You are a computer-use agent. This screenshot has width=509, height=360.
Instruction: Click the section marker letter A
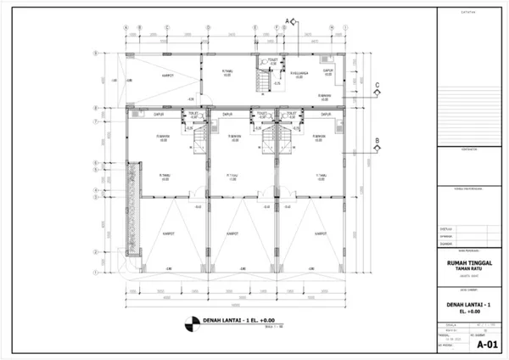click(287, 19)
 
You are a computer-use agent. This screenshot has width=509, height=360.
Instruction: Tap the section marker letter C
click(377, 82)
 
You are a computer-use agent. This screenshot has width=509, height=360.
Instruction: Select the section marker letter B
click(377, 141)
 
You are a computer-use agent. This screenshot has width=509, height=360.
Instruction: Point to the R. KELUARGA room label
click(299, 73)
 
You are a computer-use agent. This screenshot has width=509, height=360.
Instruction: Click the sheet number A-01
click(486, 345)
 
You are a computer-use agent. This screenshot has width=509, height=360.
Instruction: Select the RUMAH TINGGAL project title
click(468, 264)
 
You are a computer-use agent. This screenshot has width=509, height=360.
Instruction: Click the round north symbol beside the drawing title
click(188, 323)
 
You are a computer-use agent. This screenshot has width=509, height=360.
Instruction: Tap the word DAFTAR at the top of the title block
click(468, 12)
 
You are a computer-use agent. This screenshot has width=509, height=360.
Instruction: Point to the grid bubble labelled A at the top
click(126, 26)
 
